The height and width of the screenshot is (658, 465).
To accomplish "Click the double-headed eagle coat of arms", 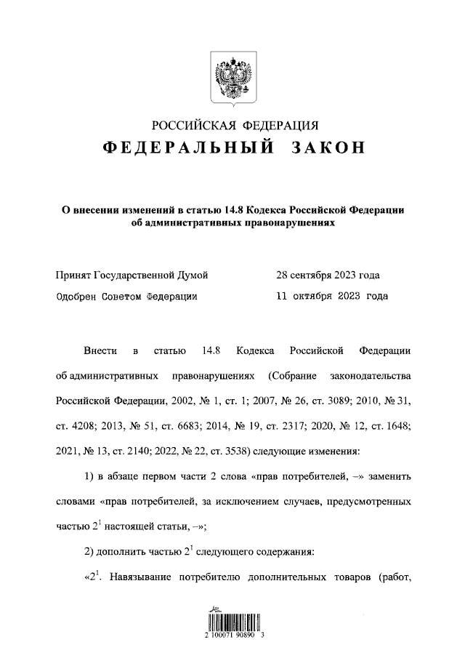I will [x=232, y=77].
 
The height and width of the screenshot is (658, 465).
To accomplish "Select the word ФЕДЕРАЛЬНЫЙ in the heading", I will [x=188, y=148].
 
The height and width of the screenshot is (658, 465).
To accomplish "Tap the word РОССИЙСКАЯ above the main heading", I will [x=192, y=124].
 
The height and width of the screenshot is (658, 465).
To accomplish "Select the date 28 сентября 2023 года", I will [x=328, y=276].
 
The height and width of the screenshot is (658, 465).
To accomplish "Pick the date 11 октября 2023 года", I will [x=331, y=296].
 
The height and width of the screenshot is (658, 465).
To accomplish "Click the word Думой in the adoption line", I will [x=193, y=276].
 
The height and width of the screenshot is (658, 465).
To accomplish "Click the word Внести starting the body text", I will [x=100, y=351].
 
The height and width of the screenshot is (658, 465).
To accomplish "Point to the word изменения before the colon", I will [x=331, y=451].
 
